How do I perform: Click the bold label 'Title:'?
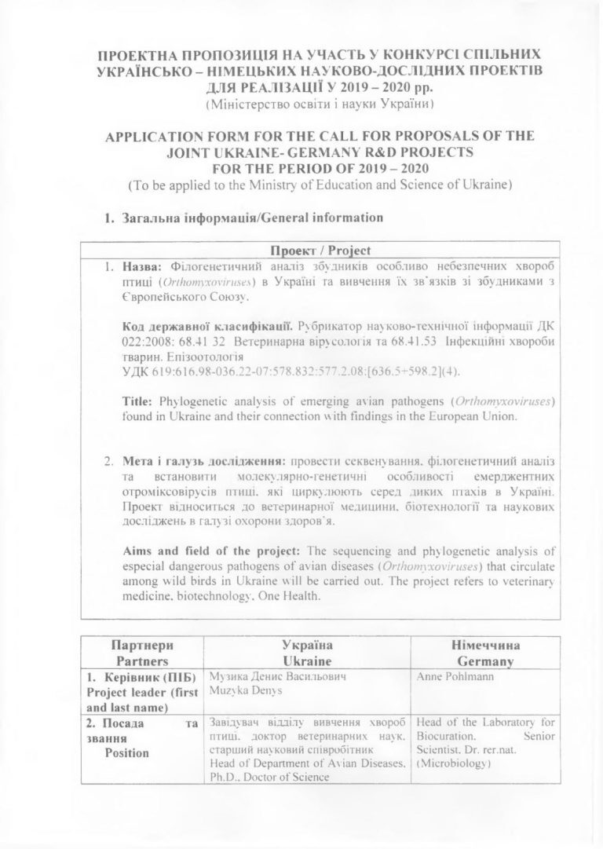138,401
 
